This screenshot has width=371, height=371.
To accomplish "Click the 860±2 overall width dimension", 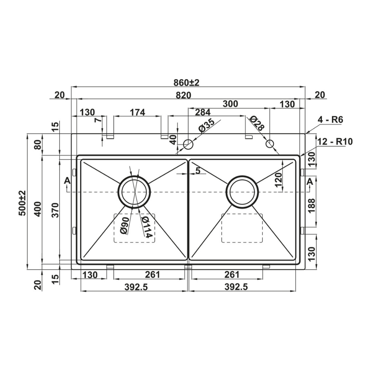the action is (187, 83).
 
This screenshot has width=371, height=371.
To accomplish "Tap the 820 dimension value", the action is (184, 95).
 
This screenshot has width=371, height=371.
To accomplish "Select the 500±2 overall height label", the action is (23, 203).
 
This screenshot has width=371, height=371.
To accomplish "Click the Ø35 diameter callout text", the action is (207, 126).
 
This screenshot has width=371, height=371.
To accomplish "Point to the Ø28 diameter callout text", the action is (256, 123).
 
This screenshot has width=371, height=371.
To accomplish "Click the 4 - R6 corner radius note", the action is (330, 119).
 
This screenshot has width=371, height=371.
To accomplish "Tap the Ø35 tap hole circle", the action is (188, 144).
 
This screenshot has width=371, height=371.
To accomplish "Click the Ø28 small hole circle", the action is (270, 143).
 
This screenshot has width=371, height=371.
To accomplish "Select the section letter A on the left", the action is (68, 181).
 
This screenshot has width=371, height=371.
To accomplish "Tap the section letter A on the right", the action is (310, 182).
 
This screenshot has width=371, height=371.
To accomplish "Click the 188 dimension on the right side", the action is (312, 206).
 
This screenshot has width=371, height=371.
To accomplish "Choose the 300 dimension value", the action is (230, 104).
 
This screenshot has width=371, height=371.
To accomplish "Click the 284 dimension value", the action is (203, 112).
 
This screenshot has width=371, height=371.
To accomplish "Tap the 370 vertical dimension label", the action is (55, 210).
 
